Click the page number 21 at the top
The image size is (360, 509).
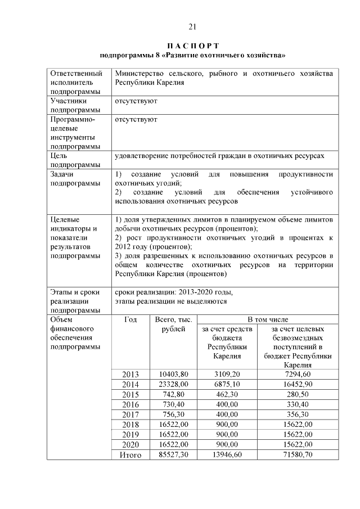(192, 26)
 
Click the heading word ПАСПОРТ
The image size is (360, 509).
(192, 45)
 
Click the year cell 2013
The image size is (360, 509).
(130, 374)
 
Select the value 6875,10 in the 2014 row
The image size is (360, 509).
(227, 384)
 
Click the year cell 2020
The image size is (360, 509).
(130, 445)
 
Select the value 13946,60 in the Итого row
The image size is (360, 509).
(227, 455)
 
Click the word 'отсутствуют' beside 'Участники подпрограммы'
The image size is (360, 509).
(136, 101)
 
